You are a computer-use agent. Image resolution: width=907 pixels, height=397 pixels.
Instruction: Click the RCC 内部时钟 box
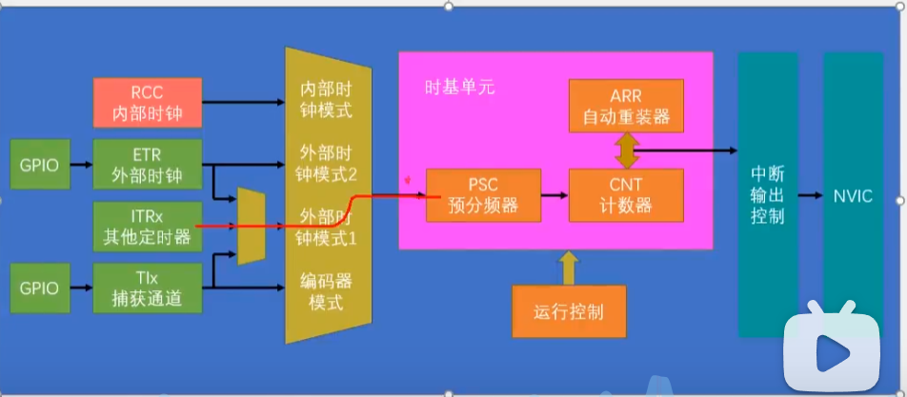[x=148, y=103]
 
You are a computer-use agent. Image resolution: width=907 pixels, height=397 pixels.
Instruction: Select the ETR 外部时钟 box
[x=148, y=164]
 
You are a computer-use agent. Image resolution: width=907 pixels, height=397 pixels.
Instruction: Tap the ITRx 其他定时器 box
[x=148, y=227]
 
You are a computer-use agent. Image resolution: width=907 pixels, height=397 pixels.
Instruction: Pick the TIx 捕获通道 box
[x=148, y=288]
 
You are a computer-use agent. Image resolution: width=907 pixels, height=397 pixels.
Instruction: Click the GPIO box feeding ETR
[x=40, y=164]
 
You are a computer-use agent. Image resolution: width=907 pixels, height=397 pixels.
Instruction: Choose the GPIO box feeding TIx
[x=40, y=288]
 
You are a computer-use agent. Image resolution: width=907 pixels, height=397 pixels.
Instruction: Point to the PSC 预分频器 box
[x=484, y=195]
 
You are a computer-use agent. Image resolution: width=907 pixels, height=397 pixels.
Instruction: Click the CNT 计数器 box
[x=626, y=195]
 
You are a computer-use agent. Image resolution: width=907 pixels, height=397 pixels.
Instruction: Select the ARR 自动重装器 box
[x=626, y=105]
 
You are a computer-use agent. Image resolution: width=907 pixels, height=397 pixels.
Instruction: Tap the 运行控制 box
[x=569, y=311]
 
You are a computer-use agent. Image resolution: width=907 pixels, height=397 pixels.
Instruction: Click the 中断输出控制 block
[x=768, y=195]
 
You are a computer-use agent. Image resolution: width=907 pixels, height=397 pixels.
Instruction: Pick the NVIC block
[x=853, y=195]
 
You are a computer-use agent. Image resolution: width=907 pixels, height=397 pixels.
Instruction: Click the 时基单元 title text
[x=460, y=88]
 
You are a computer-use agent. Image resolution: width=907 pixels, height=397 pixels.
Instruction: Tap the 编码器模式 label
[x=326, y=291]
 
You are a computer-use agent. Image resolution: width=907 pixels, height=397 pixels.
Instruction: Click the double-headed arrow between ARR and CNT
[x=625, y=150]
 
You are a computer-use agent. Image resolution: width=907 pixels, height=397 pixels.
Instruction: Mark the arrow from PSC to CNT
[x=554, y=195]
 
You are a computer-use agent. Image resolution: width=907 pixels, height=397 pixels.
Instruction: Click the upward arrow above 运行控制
[x=569, y=268]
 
